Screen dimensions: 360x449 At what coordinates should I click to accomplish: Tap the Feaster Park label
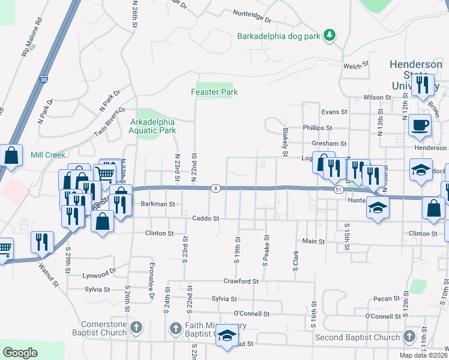214,92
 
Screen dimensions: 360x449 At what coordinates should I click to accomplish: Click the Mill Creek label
47,155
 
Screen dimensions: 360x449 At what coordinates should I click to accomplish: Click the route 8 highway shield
215,188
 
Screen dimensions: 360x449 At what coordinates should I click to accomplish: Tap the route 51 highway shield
339,189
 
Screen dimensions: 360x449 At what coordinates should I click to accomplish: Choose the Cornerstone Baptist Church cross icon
137,328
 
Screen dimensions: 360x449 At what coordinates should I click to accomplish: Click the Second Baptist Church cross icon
409,337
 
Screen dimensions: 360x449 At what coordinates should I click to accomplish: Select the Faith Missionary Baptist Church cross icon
176,328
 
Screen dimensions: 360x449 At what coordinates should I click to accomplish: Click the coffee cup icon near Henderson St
419,125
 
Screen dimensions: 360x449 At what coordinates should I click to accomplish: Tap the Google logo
20,352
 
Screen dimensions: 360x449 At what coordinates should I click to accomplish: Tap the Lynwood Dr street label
100,273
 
